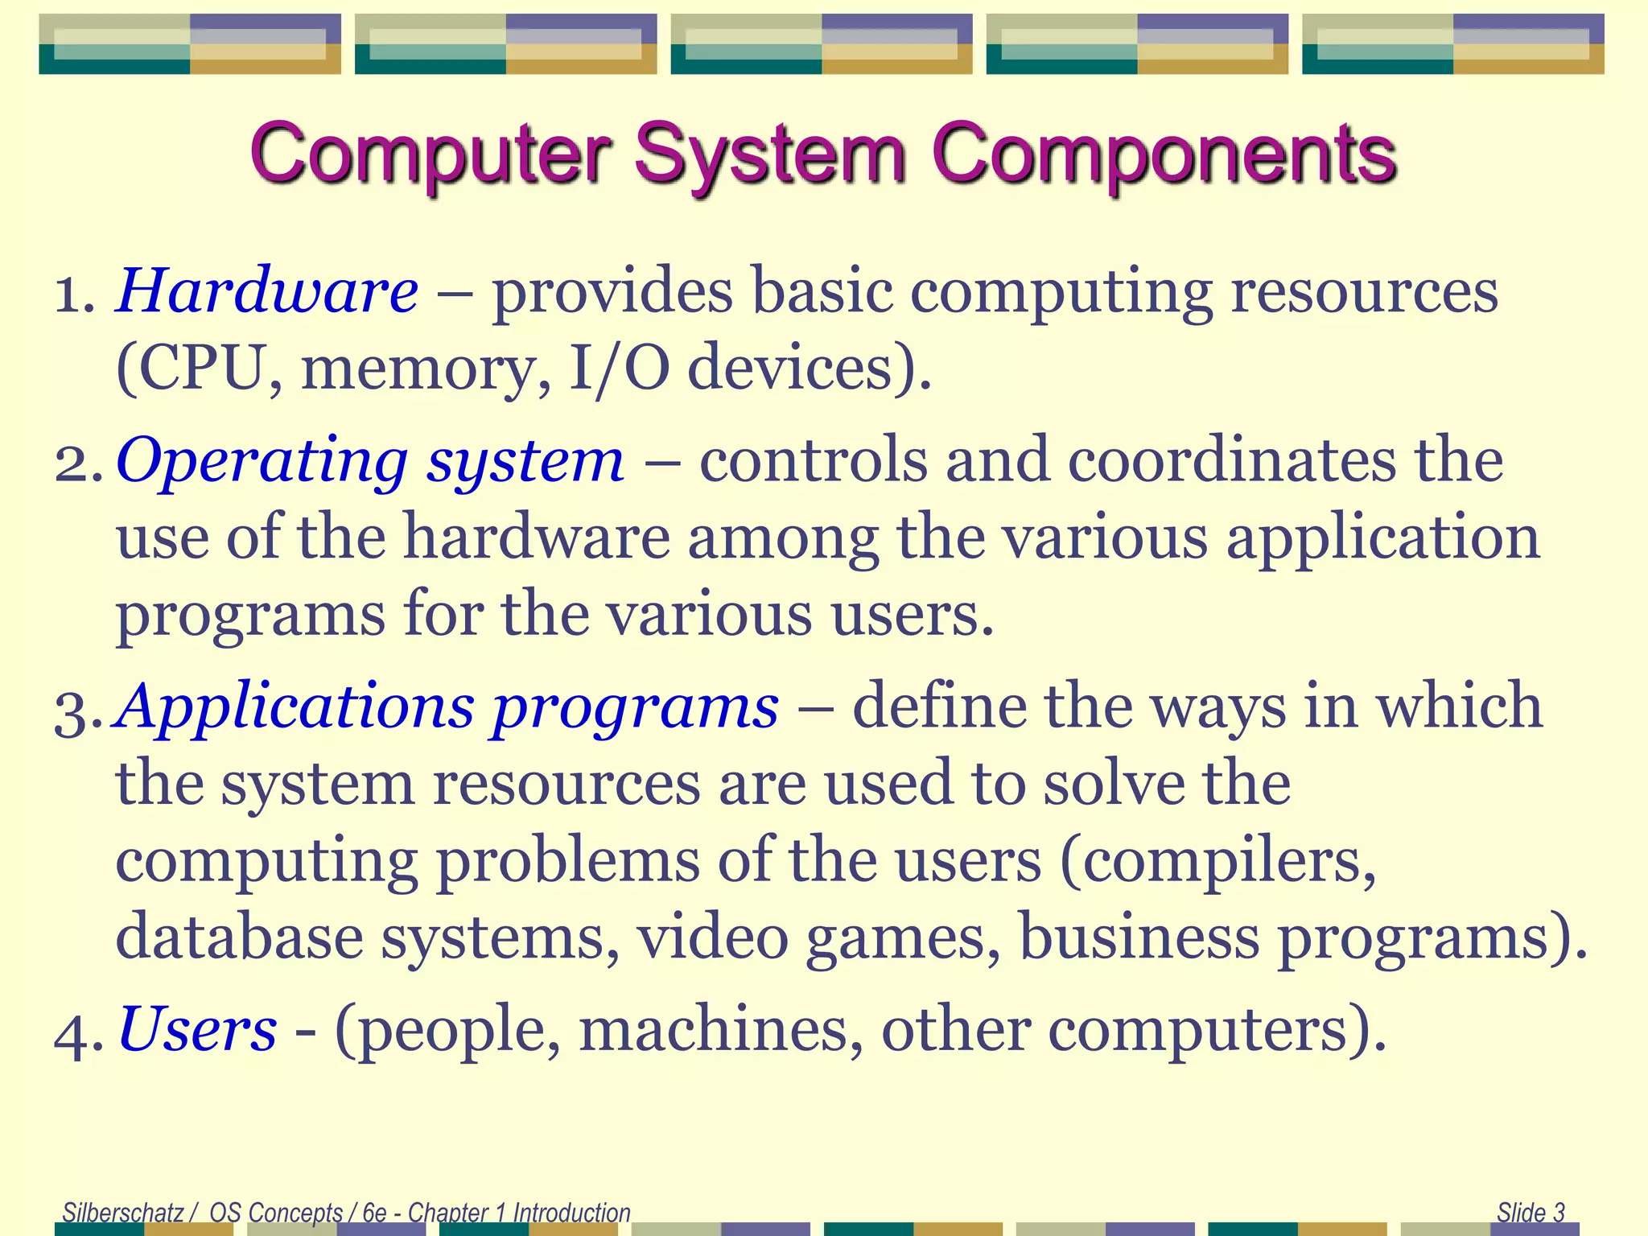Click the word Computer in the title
click(x=431, y=154)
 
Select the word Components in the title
click(x=1164, y=154)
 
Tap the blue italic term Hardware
click(x=267, y=290)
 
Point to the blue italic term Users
click(x=197, y=1029)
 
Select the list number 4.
click(x=76, y=1033)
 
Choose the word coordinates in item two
click(x=1232, y=460)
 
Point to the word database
click(x=240, y=937)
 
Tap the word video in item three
click(x=713, y=937)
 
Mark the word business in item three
click(x=1139, y=937)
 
